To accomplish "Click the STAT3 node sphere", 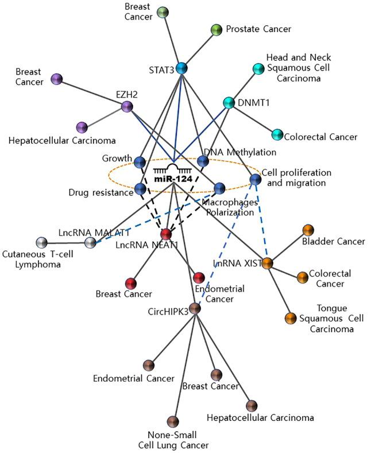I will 181,68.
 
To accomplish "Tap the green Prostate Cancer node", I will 217,29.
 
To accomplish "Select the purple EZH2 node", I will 127,106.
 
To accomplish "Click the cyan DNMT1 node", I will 229,103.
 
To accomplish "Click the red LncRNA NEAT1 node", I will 166,234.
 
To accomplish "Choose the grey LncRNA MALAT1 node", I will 90,242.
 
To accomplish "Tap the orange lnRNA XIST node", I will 267,264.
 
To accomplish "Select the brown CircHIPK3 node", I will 195,309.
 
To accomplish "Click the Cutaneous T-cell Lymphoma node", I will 41,242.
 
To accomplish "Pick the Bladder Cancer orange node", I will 308,230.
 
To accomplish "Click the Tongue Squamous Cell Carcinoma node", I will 291,318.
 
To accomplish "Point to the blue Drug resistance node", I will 140,188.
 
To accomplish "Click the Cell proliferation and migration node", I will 256,180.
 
